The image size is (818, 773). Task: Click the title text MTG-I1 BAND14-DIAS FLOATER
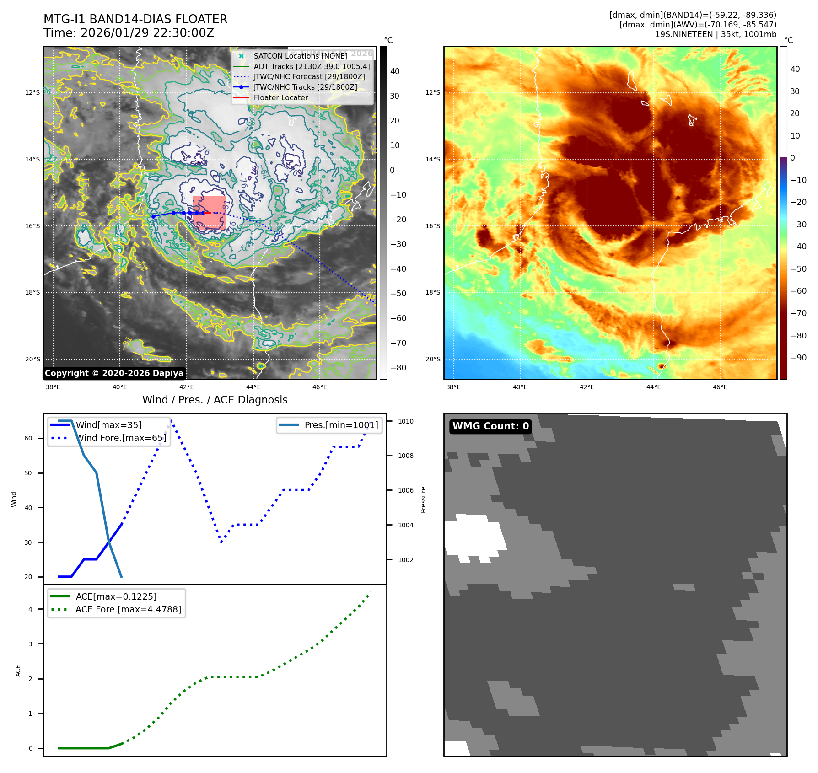coord(135,19)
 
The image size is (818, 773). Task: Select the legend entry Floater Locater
coord(280,97)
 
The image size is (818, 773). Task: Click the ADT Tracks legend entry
coord(312,66)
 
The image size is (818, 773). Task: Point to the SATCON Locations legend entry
coord(300,56)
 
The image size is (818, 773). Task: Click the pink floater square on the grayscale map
coord(210,213)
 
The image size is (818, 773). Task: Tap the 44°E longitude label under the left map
coord(253,387)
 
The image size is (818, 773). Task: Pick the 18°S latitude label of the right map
coord(433,292)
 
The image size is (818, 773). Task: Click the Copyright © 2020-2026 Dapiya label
coord(114,373)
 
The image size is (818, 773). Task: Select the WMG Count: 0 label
coord(490,426)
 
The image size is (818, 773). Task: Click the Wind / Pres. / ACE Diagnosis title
coord(215,400)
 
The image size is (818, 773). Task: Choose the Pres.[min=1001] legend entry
coord(341,425)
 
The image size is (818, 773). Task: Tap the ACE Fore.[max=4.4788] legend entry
coord(128,609)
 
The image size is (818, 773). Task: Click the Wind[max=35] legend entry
coord(108,425)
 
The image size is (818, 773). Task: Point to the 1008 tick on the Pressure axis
coord(405,456)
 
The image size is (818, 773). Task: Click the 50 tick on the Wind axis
coord(28,473)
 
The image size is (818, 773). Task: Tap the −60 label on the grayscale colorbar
coord(398,318)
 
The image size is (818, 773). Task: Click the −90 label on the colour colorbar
coord(799,358)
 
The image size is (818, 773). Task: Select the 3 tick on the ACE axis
coord(31,644)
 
